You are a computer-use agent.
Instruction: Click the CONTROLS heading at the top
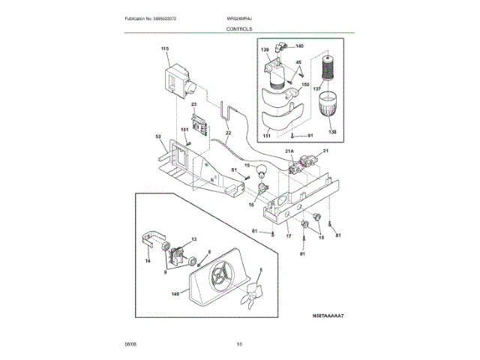coord(239,28)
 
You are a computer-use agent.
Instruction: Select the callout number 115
coord(165,49)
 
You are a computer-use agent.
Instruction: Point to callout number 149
coord(175,294)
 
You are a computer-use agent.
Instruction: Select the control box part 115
coord(176,78)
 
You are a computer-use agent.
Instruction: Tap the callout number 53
coord(158,136)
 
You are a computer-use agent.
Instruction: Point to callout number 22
coord(228,133)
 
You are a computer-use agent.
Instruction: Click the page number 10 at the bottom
coord(239,343)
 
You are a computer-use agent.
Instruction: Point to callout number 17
coord(288,236)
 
